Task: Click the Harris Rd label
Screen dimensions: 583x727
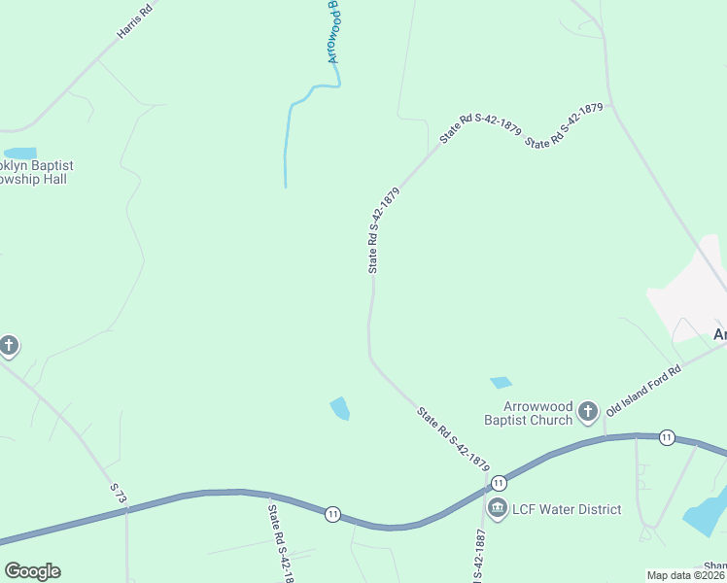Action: pos(135,20)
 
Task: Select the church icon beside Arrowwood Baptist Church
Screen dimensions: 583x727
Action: pos(587,412)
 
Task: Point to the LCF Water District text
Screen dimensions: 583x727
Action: pos(568,509)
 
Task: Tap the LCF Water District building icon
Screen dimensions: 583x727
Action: pos(498,508)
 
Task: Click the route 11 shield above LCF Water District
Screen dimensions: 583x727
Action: pos(499,483)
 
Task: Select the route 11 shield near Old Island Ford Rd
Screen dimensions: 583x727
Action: pos(667,437)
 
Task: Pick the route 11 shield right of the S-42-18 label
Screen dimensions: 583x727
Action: pos(332,514)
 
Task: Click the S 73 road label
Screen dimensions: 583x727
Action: pos(119,494)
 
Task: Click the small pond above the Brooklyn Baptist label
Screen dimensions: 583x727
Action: pos(20,154)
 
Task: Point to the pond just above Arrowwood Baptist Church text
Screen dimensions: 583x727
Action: pos(501,383)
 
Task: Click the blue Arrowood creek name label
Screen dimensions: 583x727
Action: pos(332,32)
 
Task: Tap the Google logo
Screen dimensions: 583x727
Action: pos(32,571)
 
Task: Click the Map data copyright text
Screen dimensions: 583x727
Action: pos(686,575)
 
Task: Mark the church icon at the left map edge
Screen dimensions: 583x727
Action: pos(9,345)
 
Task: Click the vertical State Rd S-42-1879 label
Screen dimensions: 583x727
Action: pos(384,231)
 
